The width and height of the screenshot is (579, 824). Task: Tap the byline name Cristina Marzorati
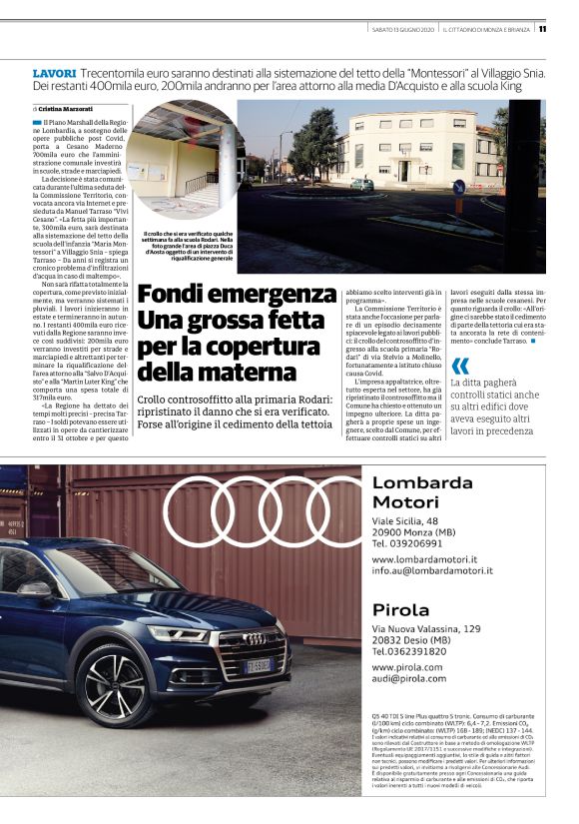coord(67,108)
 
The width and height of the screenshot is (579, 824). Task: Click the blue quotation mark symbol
coord(459,366)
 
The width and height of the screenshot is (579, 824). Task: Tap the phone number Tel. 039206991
coord(407,543)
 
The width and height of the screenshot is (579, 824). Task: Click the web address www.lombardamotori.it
coord(424,560)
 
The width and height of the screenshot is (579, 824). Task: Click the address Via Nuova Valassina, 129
coord(426,629)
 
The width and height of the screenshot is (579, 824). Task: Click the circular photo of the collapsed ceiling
coord(184,160)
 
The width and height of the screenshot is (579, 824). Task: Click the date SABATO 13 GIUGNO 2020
coord(400,29)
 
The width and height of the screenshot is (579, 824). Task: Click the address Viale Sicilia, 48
coord(405,520)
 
